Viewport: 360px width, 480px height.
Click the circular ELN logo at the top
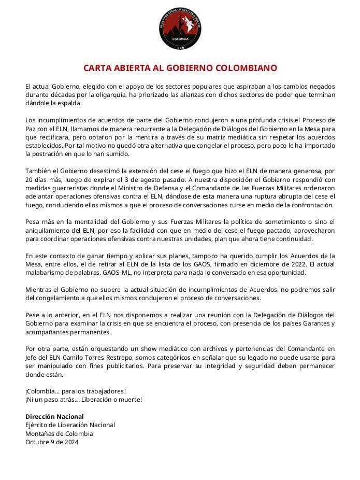coord(180,29)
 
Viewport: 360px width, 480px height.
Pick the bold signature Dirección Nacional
coord(54,417)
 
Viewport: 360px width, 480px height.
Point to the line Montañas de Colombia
coord(59,434)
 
